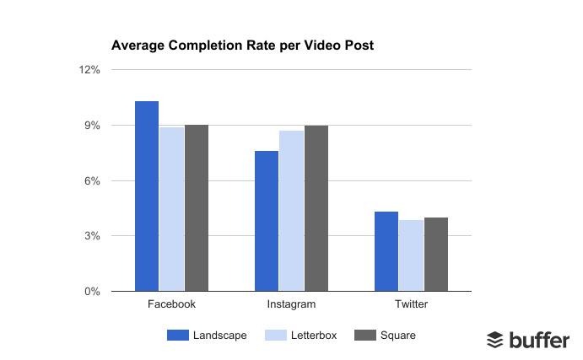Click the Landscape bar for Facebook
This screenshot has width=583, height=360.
pos(147,196)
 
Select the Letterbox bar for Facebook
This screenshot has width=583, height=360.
pos(171,209)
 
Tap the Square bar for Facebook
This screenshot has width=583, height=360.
pos(196,207)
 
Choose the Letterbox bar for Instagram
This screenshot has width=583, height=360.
pos(291,211)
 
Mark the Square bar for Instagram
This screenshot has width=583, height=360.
pos(316,208)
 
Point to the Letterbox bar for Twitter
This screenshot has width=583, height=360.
pos(411,255)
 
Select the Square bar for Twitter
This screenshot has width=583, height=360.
pos(436,254)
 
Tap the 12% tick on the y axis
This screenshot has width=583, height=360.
pos(90,71)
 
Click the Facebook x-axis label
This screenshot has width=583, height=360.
pos(171,304)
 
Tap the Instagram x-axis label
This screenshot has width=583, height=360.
pos(291,304)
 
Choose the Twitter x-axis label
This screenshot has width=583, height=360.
pos(411,304)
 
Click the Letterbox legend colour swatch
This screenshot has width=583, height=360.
pos(278,336)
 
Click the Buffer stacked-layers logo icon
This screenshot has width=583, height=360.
pos(495,340)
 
